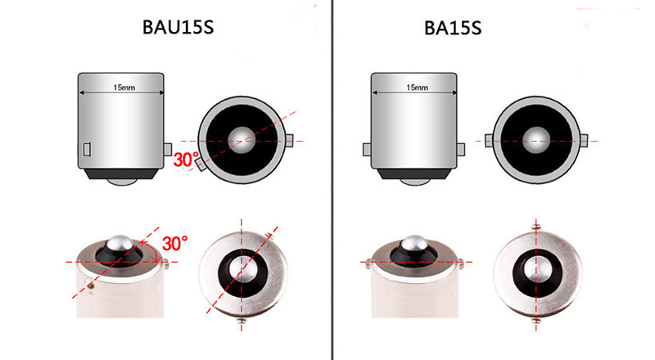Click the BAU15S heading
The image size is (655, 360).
(x=178, y=27)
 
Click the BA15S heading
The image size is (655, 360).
(x=453, y=28)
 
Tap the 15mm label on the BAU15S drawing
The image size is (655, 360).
(x=124, y=88)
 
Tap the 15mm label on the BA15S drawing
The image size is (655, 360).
(x=418, y=88)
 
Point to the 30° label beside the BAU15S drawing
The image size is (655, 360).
(x=186, y=160)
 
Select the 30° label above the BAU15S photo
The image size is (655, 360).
(x=174, y=244)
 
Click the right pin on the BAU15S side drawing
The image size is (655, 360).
(x=168, y=149)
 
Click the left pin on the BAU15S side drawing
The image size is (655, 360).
(x=87, y=149)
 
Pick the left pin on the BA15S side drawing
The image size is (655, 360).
(x=367, y=150)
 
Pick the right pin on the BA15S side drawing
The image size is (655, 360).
(x=461, y=150)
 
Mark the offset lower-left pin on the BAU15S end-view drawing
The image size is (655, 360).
(x=201, y=164)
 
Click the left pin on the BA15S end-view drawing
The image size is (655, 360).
(x=489, y=141)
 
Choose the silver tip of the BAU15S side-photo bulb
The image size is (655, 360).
(x=120, y=243)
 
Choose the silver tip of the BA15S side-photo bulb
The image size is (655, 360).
(x=413, y=243)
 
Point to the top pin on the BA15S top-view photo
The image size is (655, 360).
(x=537, y=227)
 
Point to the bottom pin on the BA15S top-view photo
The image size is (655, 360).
(x=537, y=321)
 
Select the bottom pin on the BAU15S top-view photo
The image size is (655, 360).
(x=241, y=321)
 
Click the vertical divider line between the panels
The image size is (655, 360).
(x=332, y=180)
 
